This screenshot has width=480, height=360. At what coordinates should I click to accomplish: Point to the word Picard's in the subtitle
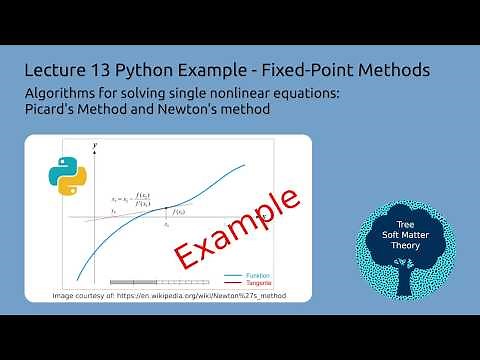59,109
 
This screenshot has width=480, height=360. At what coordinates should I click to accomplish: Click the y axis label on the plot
94,147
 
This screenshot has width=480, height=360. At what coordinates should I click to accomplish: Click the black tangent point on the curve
165,215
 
